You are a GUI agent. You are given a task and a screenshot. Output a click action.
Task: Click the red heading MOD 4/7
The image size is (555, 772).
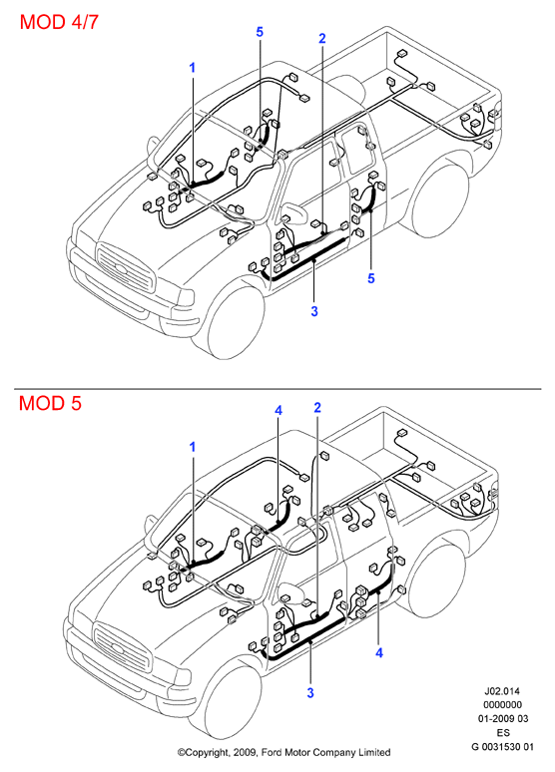pos(59,22)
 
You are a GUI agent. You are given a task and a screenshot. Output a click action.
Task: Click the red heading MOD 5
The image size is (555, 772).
pos(50,403)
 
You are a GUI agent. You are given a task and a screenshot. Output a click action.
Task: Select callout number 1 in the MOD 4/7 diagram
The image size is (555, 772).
pos(193,68)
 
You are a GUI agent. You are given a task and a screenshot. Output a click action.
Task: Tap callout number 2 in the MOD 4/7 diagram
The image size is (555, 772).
pos(322,38)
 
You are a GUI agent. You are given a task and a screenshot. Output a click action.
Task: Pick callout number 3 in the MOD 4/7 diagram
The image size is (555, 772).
pos(314,311)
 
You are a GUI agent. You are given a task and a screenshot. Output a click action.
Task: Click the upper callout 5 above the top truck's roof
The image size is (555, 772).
pos(260,32)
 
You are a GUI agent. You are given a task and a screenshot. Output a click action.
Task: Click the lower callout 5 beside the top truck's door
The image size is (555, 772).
pos(371,278)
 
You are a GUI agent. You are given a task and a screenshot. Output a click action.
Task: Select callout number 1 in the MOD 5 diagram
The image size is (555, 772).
pos(193,447)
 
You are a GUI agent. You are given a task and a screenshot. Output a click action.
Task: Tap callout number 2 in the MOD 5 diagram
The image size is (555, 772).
pos(317,408)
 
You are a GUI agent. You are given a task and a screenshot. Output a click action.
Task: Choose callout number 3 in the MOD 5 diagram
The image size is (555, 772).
pos(310,693)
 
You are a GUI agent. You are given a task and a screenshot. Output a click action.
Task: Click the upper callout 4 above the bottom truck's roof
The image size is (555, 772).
pos(278,410)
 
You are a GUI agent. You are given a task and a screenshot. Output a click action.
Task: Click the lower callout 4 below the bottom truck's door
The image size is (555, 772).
pos(378,653)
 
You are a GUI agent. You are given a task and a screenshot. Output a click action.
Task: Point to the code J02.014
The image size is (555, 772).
pos(503,691)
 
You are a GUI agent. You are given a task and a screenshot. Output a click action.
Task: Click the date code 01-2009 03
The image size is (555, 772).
pos(503,719)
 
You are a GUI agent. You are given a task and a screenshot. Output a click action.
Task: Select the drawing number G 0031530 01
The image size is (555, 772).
pos(503,746)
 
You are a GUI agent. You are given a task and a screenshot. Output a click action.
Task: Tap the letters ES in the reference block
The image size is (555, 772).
pos(503,733)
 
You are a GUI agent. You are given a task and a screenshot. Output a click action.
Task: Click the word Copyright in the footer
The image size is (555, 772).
pos(203,753)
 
